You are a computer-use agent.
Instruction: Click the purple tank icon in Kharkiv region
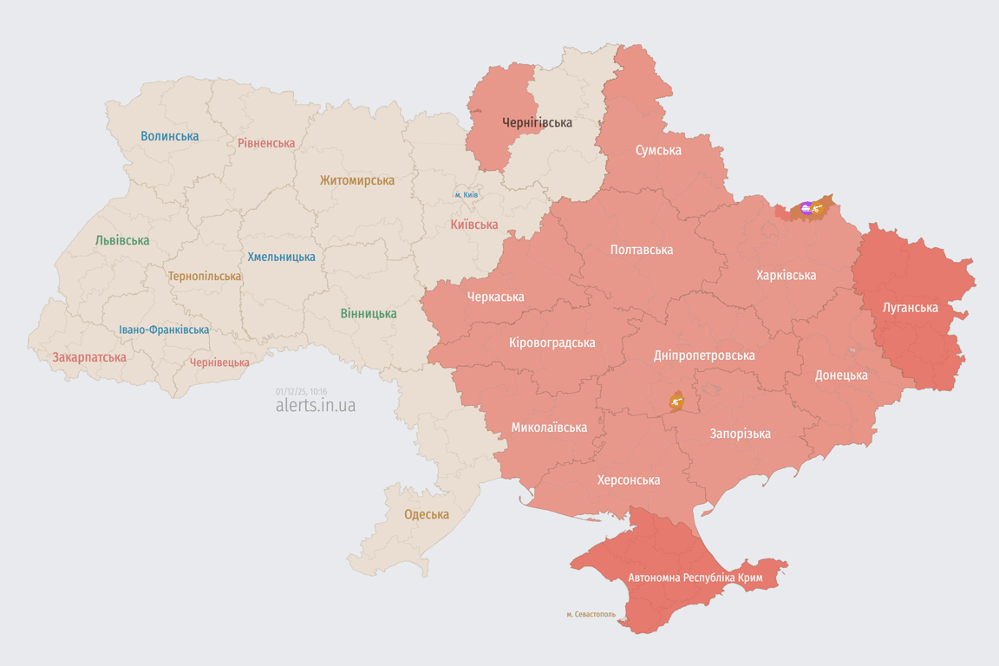[806, 207]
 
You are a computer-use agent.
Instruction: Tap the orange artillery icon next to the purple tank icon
[818, 208]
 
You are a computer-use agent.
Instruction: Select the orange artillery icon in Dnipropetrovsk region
[676, 401]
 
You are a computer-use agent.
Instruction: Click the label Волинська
[169, 136]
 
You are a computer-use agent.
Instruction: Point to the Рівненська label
[266, 143]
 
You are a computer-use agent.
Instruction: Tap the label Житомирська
[356, 180]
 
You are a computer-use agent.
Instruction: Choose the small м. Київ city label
[466, 195]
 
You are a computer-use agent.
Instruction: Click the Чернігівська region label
[537, 122]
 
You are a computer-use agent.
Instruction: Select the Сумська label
[658, 150]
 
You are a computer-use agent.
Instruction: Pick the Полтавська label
[641, 250]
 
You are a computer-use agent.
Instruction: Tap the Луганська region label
[910, 307]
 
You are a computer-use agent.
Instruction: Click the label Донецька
[840, 375]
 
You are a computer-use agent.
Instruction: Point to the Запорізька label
[740, 434]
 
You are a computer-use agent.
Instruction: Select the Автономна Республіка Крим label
[695, 578]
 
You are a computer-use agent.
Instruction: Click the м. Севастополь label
[591, 615]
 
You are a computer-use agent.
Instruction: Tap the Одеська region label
[427, 514]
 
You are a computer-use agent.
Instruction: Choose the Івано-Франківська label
[164, 330]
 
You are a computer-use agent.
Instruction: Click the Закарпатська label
[89, 357]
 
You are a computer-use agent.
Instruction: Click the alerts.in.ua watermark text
[315, 406]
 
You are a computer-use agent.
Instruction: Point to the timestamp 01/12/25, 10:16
[301, 391]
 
